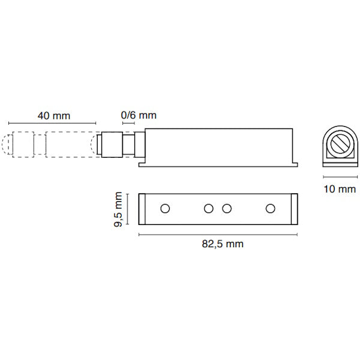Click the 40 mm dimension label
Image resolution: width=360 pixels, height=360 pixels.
pos(53,115)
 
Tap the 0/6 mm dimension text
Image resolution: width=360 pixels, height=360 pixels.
pos(139,115)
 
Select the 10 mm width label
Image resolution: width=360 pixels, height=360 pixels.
pos(339,190)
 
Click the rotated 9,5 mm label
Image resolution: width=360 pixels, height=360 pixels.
pos(120,209)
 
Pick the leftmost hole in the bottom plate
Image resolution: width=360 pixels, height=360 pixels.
pos(164,208)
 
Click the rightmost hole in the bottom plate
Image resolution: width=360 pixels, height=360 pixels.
pos(270,208)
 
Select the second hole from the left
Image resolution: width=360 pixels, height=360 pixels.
pos(208,208)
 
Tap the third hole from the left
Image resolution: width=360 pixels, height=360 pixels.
pos(227,208)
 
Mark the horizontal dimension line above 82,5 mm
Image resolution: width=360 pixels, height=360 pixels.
pos(218,233)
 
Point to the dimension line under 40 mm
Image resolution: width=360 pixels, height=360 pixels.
pos(53,124)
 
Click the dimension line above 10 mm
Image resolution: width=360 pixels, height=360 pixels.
pos(340,177)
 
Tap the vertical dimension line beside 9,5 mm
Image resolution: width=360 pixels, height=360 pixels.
pos(127,208)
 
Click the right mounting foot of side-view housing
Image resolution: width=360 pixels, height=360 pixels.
pos(295,162)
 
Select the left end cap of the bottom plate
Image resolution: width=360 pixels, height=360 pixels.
pos(143,208)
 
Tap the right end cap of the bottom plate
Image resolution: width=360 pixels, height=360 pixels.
pos(294,208)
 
